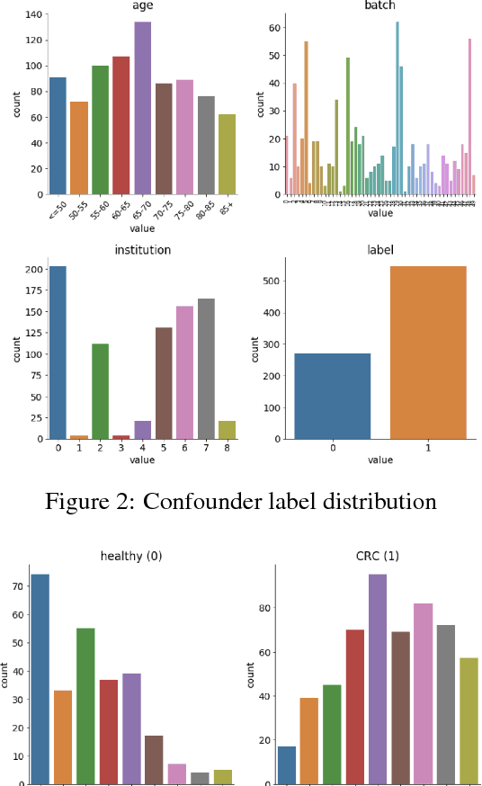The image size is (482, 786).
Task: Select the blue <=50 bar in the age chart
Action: point(58,136)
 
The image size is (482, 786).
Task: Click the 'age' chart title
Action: point(142,5)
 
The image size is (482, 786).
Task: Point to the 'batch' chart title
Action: point(380,5)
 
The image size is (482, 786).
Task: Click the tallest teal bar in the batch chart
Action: point(397,108)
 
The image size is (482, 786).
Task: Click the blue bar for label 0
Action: point(334,396)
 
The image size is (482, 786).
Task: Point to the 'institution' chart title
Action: point(142,250)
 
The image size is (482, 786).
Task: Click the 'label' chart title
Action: point(380,250)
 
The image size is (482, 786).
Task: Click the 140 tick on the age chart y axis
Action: point(33,15)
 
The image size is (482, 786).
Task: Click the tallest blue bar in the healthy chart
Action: point(39,679)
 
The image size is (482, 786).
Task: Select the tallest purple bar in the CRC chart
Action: point(378,678)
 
